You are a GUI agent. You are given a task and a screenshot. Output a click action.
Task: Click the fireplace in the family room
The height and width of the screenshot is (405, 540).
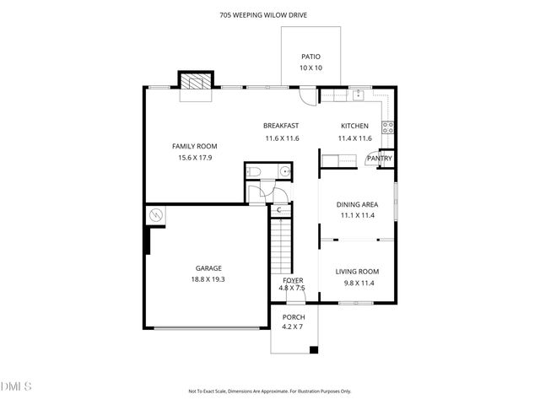click(195, 81)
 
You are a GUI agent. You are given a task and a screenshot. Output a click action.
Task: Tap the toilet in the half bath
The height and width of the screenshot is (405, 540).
click(256, 172)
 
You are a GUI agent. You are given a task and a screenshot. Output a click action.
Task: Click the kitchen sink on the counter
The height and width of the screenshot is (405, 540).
click(358, 94)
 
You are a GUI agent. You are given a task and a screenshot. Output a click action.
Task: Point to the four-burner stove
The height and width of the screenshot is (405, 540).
click(388, 127)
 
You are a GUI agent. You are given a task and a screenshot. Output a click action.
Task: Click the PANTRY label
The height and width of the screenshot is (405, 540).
click(379, 159)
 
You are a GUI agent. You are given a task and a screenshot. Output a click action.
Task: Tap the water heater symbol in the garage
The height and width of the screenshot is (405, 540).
click(156, 216)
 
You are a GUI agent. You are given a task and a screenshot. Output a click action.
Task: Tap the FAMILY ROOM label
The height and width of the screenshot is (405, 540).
click(194, 146)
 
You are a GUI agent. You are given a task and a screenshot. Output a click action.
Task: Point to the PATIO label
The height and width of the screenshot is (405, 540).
click(310, 57)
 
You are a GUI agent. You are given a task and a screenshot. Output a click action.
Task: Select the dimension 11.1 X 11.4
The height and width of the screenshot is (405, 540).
click(357, 215)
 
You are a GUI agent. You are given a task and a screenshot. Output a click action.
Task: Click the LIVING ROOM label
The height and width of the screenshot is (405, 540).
click(357, 271)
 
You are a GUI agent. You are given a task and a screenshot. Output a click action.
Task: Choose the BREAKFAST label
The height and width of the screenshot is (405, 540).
click(281, 126)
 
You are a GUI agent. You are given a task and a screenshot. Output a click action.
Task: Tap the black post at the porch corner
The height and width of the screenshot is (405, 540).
click(314, 349)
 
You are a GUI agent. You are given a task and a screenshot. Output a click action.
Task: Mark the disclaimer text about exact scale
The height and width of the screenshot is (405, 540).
click(270, 391)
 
